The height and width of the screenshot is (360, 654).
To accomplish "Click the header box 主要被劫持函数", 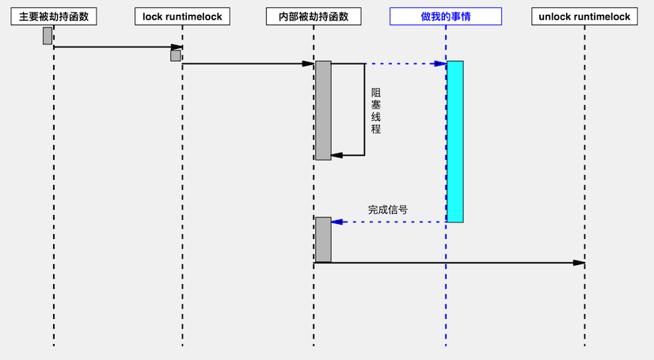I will (x=54, y=16).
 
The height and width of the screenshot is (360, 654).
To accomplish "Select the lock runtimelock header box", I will (x=182, y=16).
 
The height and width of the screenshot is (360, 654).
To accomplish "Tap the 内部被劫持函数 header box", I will (x=314, y=16).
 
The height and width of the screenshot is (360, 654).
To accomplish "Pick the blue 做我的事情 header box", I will (x=446, y=16).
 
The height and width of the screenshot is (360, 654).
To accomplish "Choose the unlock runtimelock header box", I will (x=584, y=16).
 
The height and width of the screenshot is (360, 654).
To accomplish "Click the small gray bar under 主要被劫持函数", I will (x=48, y=36).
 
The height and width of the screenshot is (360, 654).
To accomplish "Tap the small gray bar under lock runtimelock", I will (x=176, y=55).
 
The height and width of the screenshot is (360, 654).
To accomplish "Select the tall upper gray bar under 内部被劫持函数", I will (x=323, y=111).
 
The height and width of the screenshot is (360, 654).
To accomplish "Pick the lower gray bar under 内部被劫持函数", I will (x=323, y=239).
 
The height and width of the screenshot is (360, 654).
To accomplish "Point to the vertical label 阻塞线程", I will (x=376, y=111).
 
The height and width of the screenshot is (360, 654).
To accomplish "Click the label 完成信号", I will (x=388, y=210).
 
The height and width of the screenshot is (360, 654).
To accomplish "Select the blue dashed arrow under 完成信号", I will (x=388, y=222).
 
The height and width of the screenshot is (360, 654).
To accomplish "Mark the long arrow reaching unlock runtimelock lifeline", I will (x=451, y=263).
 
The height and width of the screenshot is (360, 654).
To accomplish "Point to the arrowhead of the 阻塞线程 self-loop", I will (x=337, y=155).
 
